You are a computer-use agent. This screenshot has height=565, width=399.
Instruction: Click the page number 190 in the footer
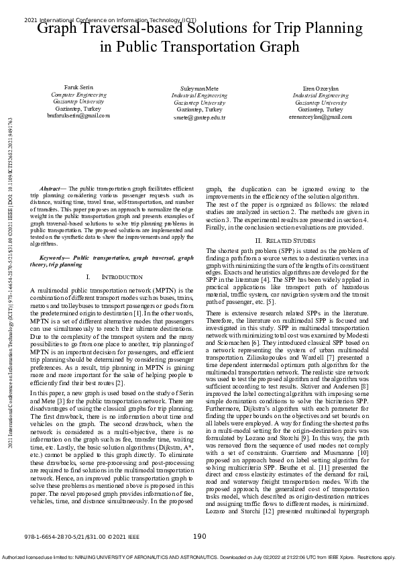tap(199, 536)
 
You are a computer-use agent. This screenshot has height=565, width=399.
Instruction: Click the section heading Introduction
tap(107, 276)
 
